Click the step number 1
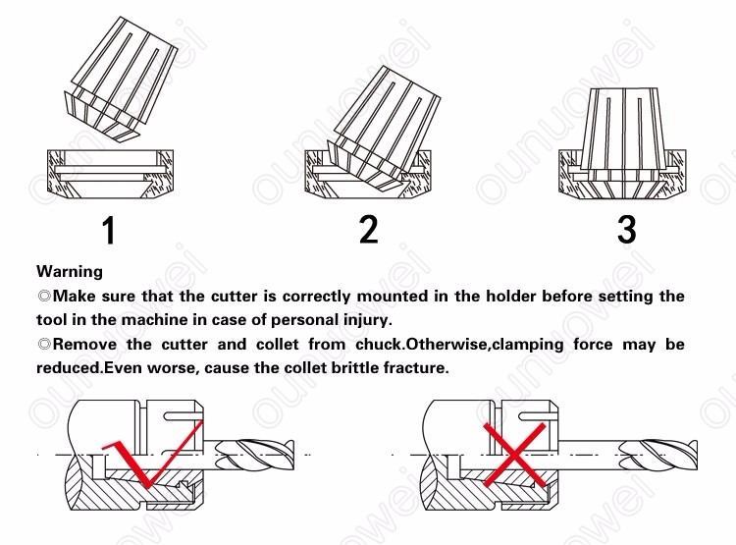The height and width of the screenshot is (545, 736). tap(109, 230)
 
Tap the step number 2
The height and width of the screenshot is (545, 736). tap(368, 229)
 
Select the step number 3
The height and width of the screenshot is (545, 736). tap(627, 229)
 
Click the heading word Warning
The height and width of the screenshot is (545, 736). tap(70, 272)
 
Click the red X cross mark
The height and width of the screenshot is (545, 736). tap(515, 455)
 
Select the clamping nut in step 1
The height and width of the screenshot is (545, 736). tap(110, 174)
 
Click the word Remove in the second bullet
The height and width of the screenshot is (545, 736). tap(84, 345)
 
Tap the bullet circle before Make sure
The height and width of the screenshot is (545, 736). tap(44, 297)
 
